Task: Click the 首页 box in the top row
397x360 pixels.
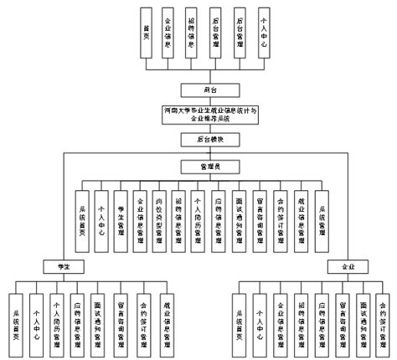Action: tap(147, 31)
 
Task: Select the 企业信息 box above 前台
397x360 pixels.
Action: tap(171, 31)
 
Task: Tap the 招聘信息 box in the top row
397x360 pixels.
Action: tap(194, 31)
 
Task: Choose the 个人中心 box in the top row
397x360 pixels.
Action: tap(265, 31)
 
